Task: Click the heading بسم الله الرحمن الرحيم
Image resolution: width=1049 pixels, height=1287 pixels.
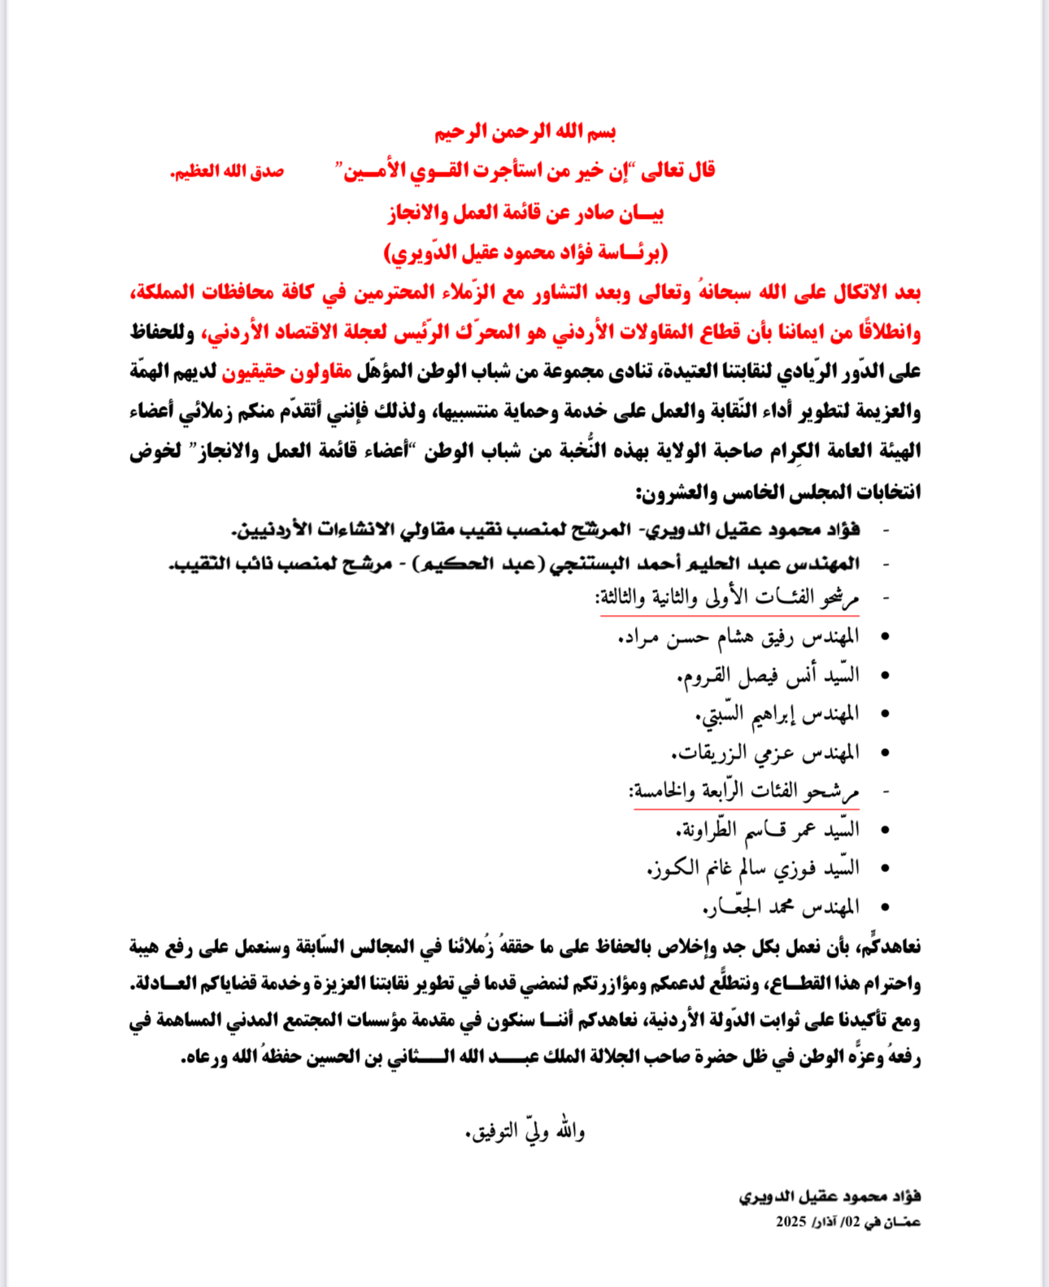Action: point(524,132)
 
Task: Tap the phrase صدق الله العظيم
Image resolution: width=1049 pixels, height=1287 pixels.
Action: point(227,172)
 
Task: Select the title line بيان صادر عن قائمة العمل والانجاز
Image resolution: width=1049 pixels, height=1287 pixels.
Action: point(525,213)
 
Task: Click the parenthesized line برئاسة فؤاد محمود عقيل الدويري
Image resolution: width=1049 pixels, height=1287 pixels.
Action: point(525,253)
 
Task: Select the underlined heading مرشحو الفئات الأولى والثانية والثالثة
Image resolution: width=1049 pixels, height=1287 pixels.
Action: point(727,599)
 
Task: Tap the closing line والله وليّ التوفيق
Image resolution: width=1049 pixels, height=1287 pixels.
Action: point(524,1132)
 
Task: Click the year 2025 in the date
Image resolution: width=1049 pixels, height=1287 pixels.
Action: point(790,1222)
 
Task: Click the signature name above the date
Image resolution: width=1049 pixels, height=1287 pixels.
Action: point(829,1197)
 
